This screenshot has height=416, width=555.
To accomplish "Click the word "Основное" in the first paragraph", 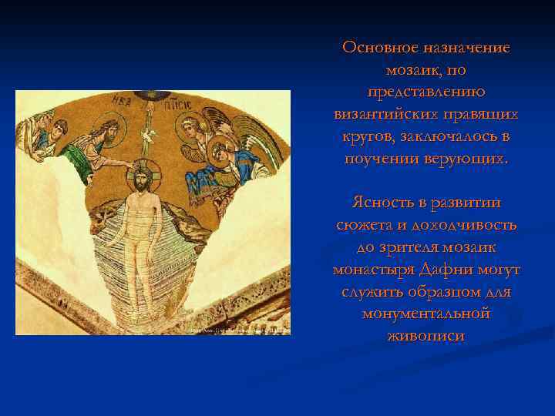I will tap(378, 47).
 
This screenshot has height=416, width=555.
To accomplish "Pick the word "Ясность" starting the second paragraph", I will tap(382, 203).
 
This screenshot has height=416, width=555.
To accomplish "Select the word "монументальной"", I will tap(426, 315).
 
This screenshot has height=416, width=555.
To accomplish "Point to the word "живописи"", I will tap(426, 337).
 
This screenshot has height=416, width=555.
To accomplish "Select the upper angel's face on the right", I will tap(190, 126).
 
